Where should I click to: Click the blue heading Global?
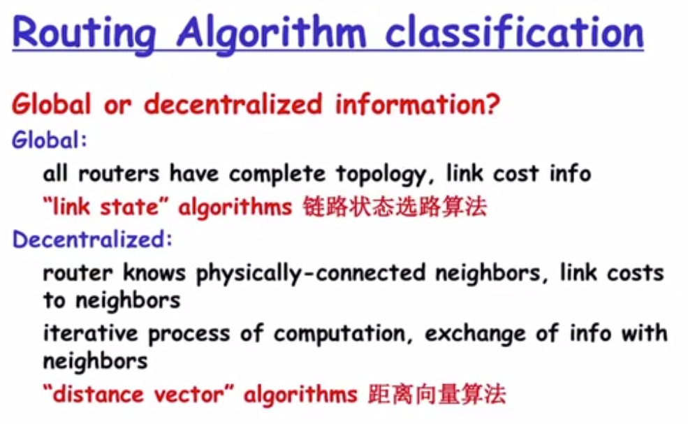coord(49,140)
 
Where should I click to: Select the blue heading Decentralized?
coord(92,240)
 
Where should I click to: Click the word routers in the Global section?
coord(119,174)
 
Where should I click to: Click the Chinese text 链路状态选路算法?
coord(395,207)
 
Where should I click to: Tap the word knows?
coord(154,272)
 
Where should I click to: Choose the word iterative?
coord(90,332)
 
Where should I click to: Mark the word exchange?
coord(475,335)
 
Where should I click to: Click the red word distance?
coord(98,394)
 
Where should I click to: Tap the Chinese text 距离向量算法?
coord(437,394)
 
